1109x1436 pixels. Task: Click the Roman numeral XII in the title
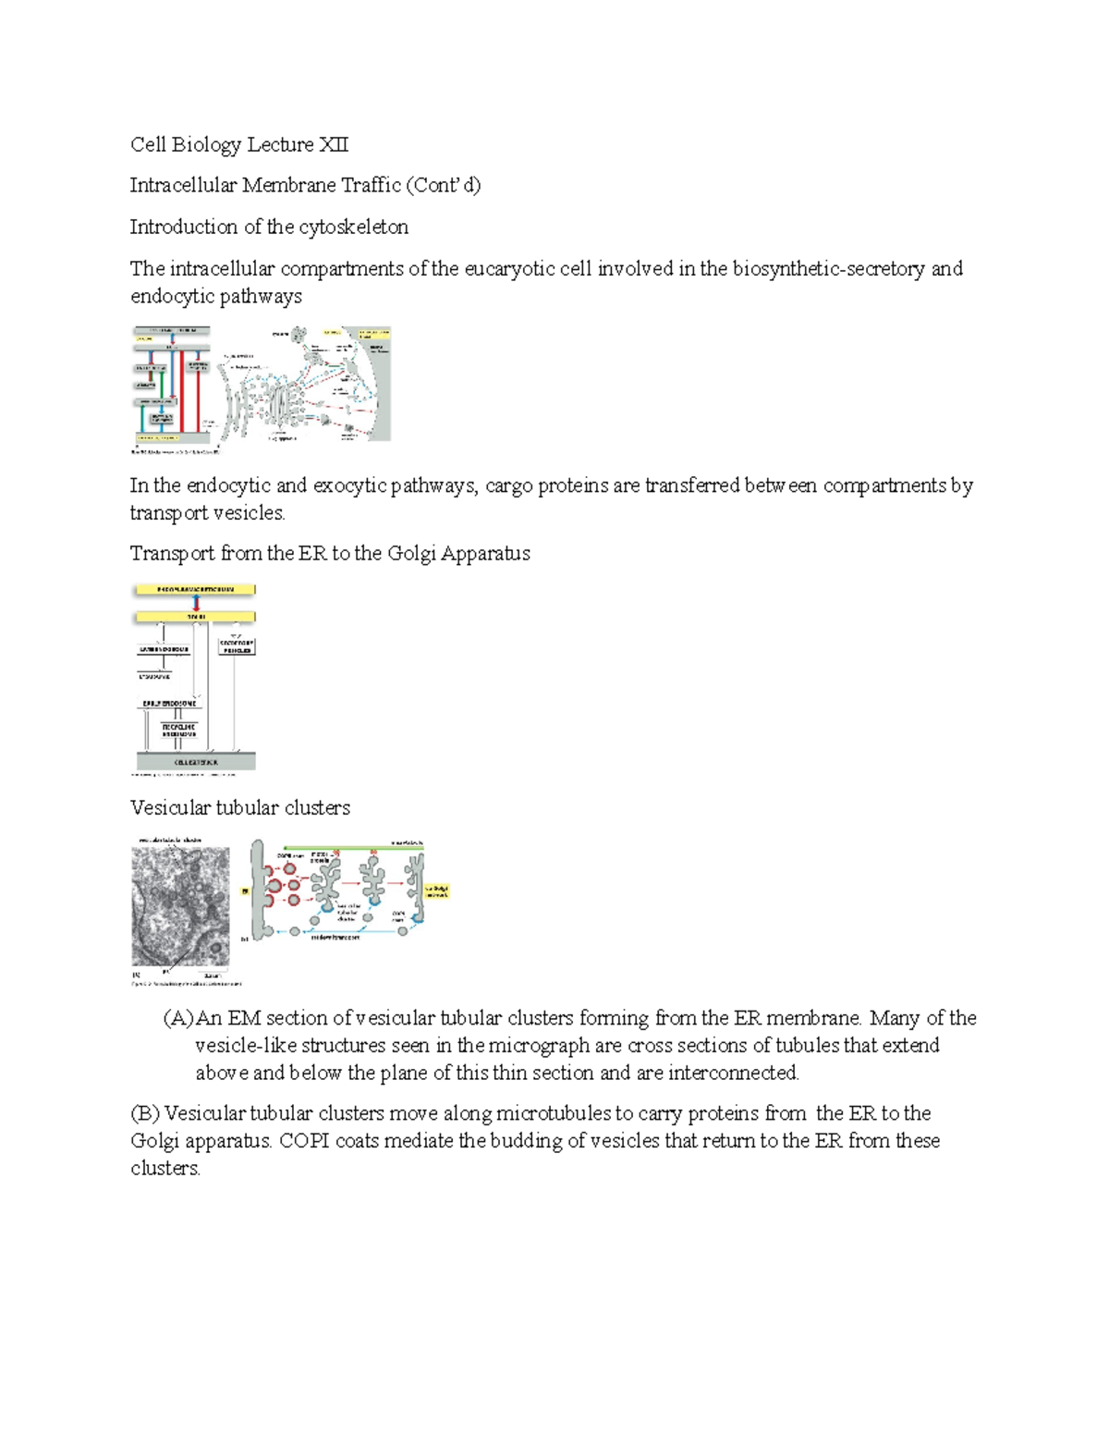334,145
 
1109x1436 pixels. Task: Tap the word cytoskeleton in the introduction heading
353,227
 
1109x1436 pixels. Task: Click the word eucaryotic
509,269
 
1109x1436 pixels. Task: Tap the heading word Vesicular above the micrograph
170,808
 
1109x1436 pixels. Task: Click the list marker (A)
178,1019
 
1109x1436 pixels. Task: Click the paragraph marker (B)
145,1114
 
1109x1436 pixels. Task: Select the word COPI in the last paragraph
304,1141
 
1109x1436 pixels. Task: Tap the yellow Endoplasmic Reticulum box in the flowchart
195,590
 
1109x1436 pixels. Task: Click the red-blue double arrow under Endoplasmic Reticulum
195,603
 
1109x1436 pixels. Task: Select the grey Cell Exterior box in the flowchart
195,762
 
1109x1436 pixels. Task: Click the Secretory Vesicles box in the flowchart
237,646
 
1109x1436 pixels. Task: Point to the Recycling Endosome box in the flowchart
178,730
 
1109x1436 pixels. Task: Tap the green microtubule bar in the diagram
351,846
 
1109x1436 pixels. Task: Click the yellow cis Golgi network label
436,891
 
